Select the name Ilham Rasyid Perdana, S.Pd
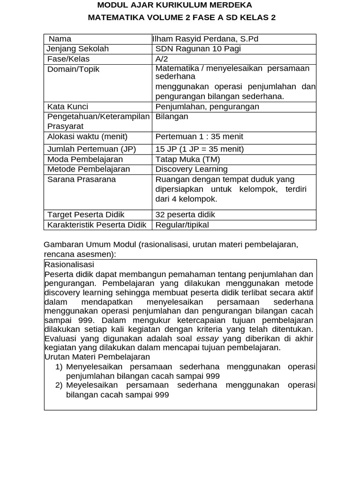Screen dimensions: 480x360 [x=205, y=39]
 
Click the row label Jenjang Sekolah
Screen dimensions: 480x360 [x=78, y=49]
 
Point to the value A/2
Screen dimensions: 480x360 [x=161, y=59]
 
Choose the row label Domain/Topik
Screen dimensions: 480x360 [x=73, y=69]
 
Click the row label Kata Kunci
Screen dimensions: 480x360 [x=67, y=107]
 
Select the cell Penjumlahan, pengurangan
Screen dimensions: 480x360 [x=207, y=107]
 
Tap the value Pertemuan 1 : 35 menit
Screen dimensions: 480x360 [x=199, y=137]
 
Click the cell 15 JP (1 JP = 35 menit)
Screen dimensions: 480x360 [x=200, y=149]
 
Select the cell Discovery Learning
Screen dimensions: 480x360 [x=191, y=169]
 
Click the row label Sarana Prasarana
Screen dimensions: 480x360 [x=82, y=180]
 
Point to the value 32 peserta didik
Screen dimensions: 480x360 [x=185, y=215]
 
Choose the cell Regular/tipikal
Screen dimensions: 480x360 [x=182, y=225]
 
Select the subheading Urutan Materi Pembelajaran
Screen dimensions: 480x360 [x=97, y=357]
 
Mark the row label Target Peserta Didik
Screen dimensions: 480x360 [x=86, y=215]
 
